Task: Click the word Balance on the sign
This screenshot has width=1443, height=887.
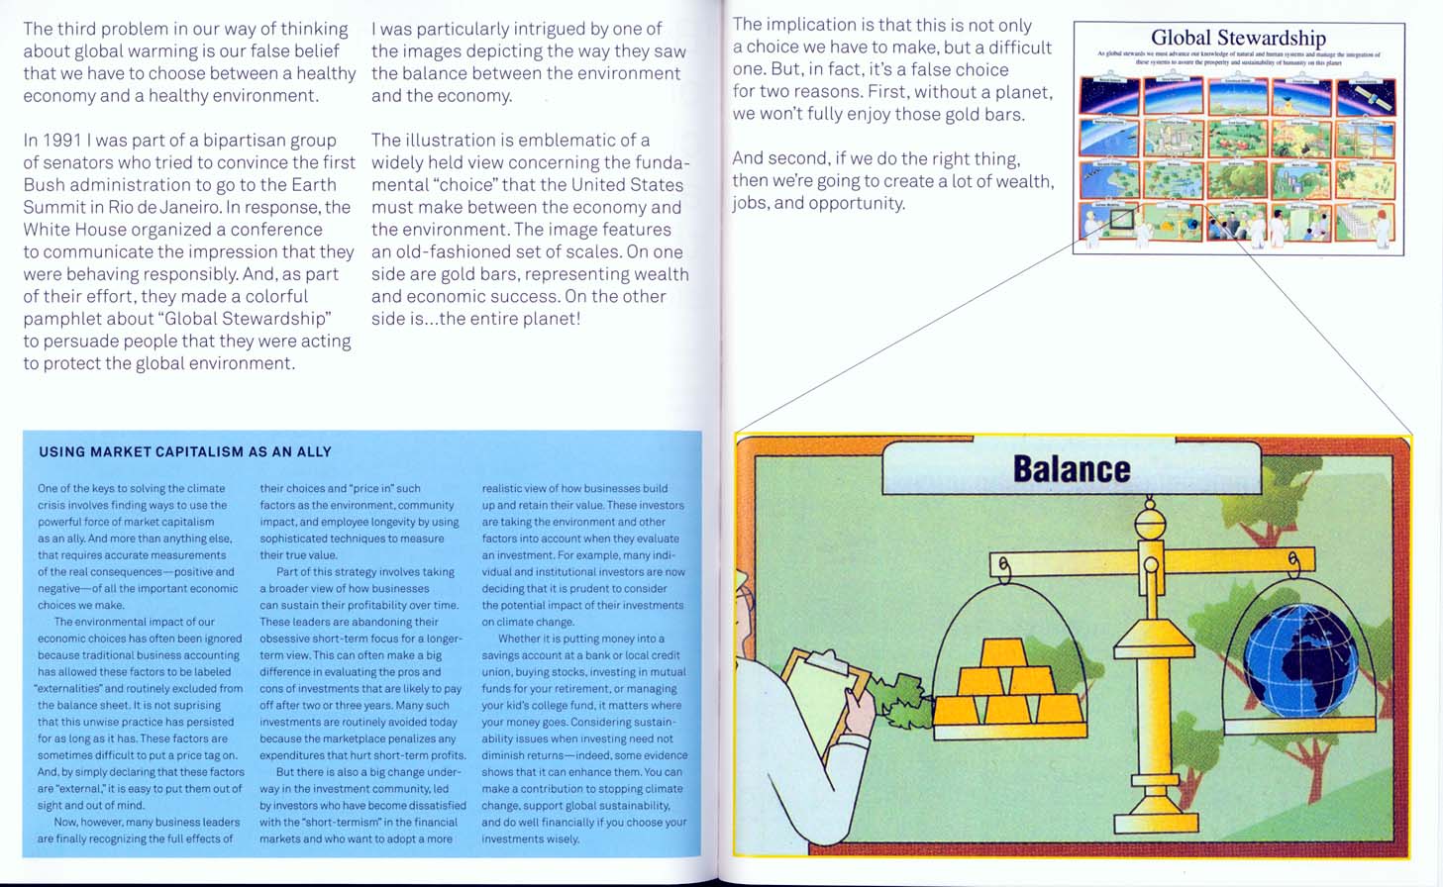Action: (x=1071, y=469)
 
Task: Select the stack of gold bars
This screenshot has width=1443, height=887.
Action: (x=1008, y=685)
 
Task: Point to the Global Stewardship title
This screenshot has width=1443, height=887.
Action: (x=1238, y=38)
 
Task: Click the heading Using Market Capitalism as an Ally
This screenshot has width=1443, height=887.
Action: (x=185, y=452)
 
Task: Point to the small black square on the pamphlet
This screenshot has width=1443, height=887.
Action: (x=1122, y=218)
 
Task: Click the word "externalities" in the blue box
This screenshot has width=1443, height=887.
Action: (x=76, y=689)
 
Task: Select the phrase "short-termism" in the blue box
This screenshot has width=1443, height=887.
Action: (x=338, y=823)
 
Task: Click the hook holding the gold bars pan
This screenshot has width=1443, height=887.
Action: (x=1003, y=568)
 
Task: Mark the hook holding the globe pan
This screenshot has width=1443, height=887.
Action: (x=1294, y=564)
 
